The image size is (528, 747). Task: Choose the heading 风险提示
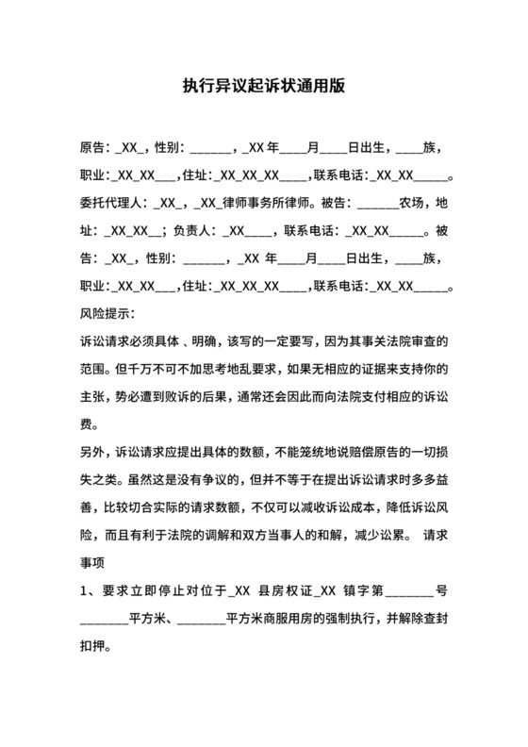[106, 311]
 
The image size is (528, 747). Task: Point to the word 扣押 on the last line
[92, 649]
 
